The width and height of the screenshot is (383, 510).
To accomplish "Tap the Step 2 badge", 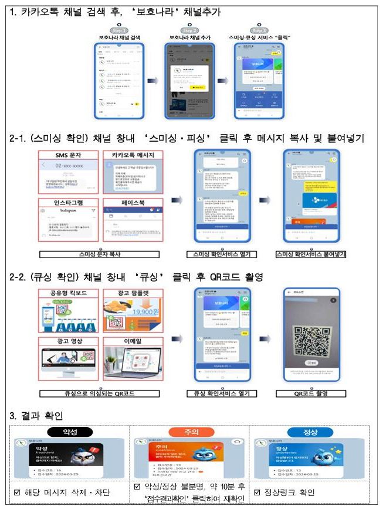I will pyautogui.click(x=189, y=30).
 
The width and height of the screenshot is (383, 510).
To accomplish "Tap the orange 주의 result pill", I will pyautogui.click(x=191, y=433).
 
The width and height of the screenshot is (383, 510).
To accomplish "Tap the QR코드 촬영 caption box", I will pyautogui.click(x=311, y=393).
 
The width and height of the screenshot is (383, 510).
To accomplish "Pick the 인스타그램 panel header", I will pyautogui.click(x=67, y=201).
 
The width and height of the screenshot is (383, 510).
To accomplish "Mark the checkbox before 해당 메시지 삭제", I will pyautogui.click(x=18, y=492).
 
